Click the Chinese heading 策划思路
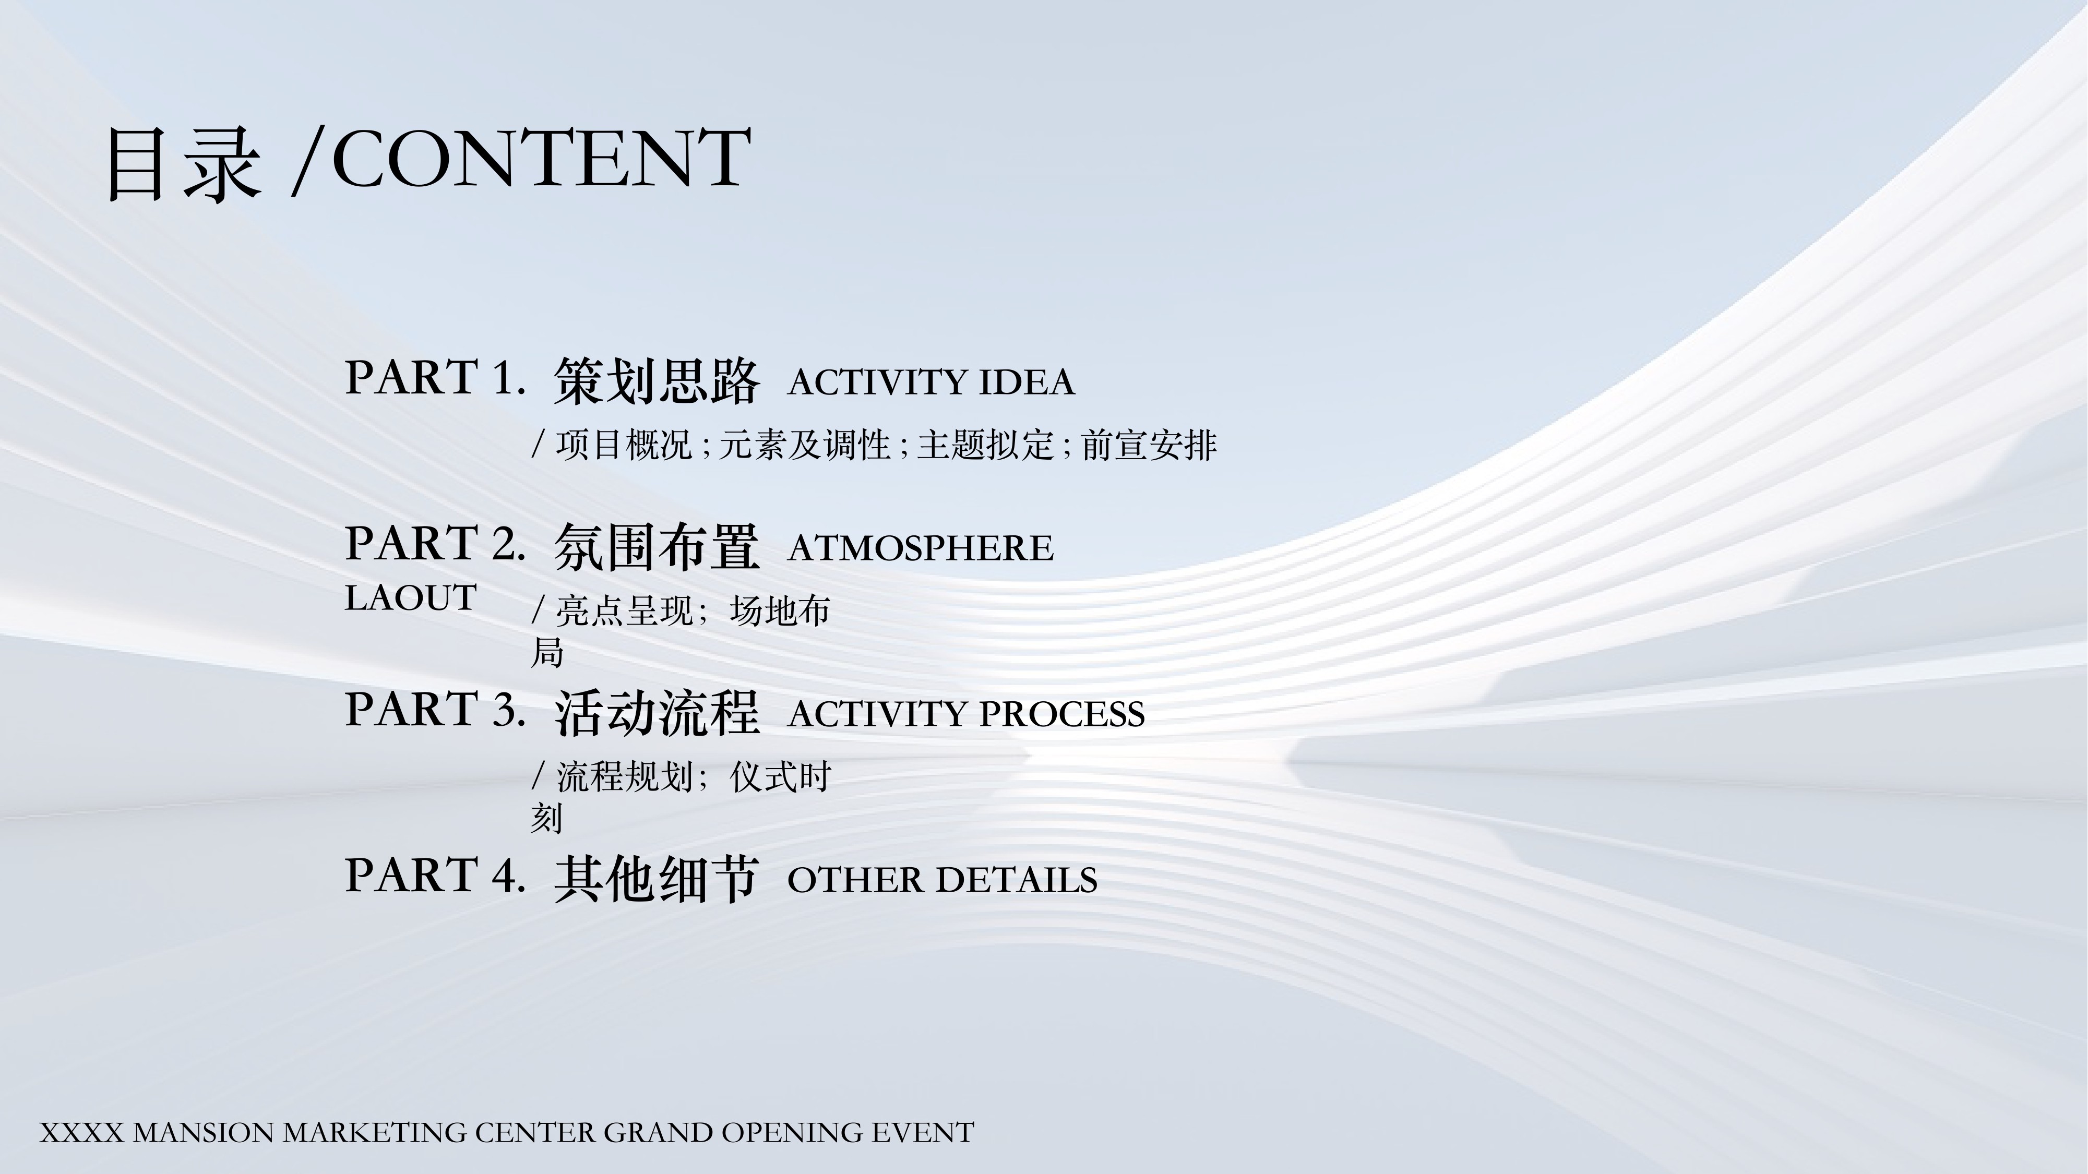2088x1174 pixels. coord(657,381)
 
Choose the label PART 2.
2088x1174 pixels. coord(435,543)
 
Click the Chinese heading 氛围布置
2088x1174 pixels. coord(657,547)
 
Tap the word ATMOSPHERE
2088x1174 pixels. coord(920,548)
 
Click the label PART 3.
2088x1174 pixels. coord(435,709)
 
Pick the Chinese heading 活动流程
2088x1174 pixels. coord(657,713)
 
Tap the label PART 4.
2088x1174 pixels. coord(435,875)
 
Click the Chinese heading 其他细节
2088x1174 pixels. coord(657,879)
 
